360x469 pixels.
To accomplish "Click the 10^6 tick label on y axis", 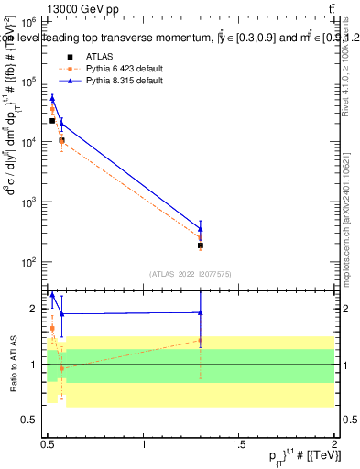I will coord(30,21).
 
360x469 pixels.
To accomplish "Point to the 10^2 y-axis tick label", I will coord(30,262).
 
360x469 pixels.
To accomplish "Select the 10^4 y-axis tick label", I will coord(30,142).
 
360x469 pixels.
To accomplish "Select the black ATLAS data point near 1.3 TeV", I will coord(201,245).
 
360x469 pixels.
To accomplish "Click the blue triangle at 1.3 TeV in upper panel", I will coord(201,228).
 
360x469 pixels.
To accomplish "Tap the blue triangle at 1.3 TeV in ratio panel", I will coord(201,312).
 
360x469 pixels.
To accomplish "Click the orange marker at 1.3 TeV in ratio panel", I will coord(201,341).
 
